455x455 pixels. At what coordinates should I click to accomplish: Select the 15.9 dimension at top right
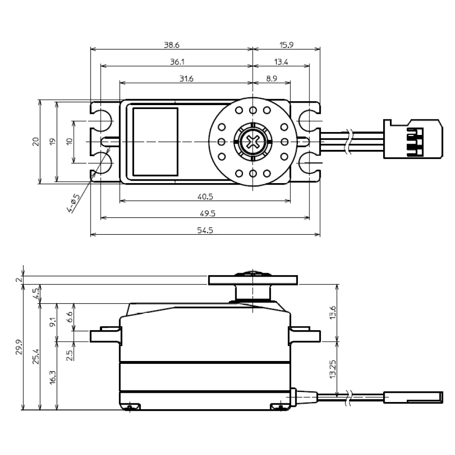286,45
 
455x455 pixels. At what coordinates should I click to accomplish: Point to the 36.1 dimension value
176,62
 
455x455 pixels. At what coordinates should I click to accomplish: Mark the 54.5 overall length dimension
205,231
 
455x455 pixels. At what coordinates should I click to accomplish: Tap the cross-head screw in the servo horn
252,141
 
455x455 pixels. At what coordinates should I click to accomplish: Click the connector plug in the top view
413,139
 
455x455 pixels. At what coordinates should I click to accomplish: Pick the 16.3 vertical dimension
53,376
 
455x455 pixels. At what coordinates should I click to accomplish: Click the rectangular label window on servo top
155,141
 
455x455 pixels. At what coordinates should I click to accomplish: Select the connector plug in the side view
413,397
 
